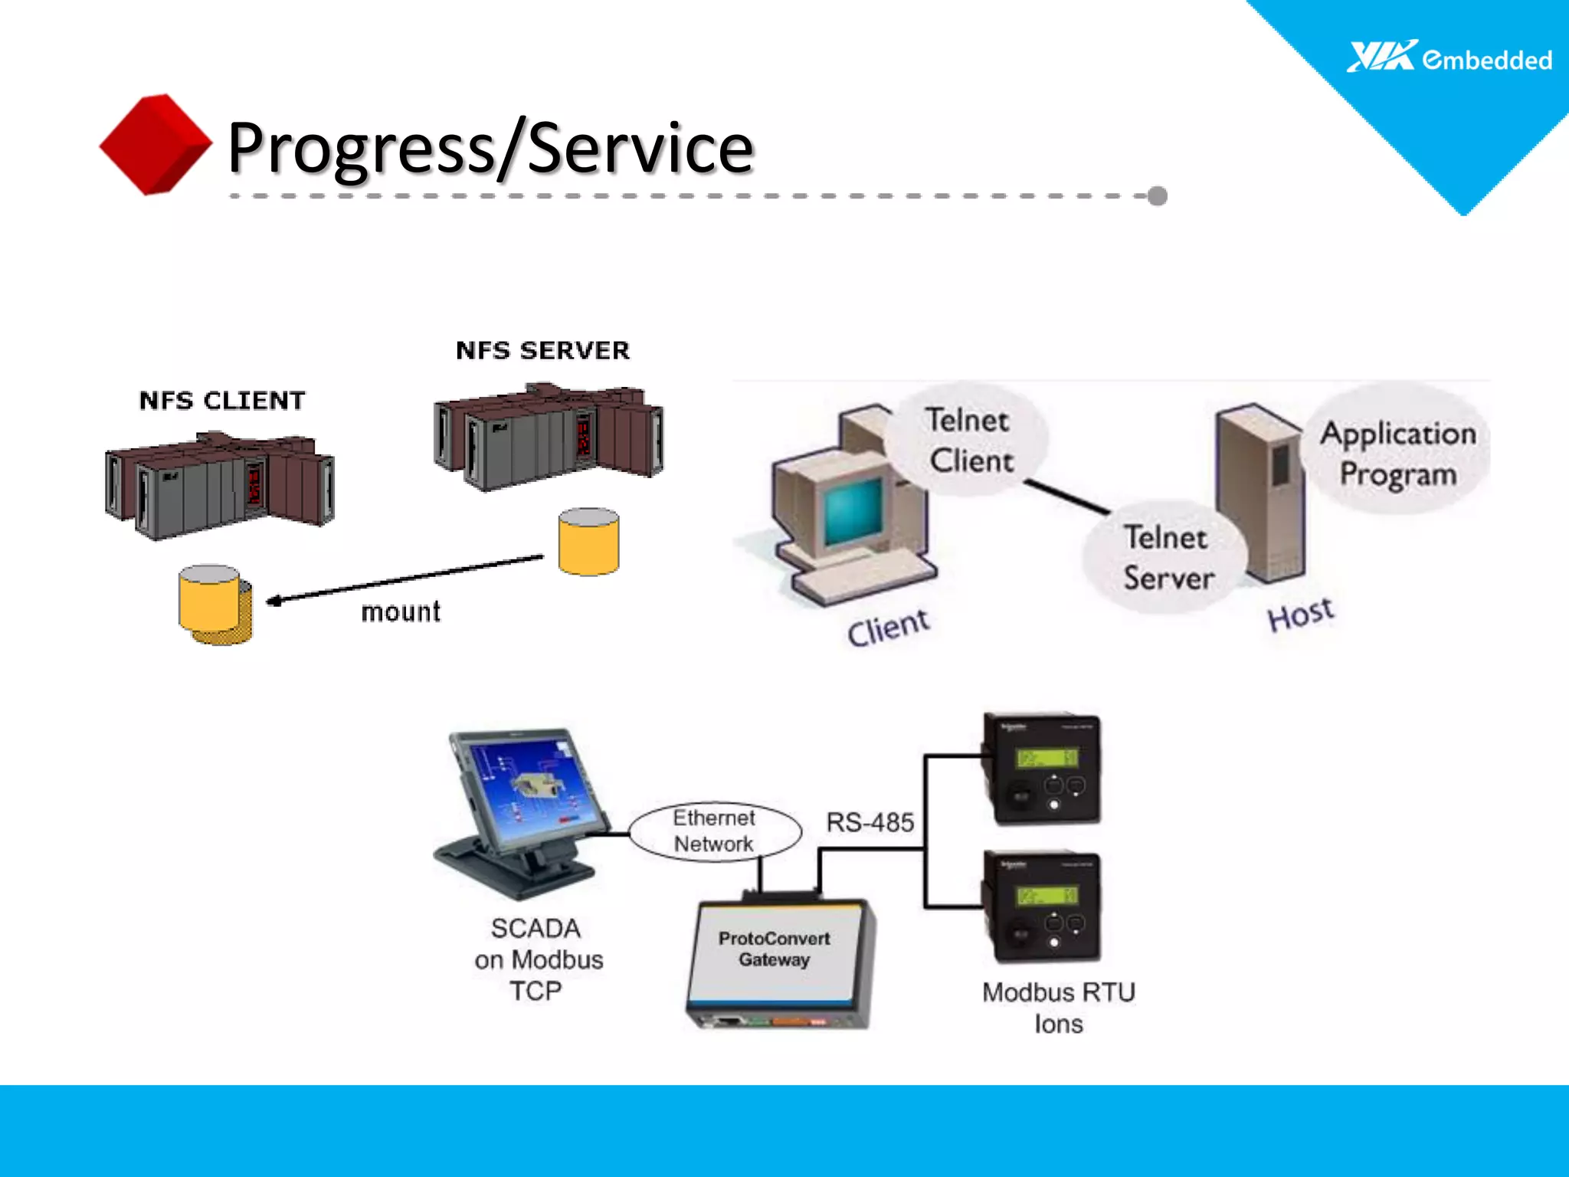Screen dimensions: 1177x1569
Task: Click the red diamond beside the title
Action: [x=156, y=144]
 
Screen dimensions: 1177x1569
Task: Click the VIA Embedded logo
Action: [x=1449, y=58]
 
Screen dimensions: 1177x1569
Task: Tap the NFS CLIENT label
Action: [x=222, y=401]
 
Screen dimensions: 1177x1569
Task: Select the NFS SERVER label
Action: [x=542, y=351]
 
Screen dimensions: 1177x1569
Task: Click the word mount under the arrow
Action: [x=401, y=612]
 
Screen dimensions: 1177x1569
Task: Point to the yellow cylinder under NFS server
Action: [x=588, y=542]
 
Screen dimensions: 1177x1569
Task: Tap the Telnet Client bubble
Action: [x=968, y=441]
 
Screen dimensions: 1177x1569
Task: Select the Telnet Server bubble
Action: [x=1167, y=557]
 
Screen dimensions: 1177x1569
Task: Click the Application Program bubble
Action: [x=1397, y=454]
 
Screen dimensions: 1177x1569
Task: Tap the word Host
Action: [x=1300, y=615]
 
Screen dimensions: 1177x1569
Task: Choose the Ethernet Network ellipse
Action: [x=714, y=831]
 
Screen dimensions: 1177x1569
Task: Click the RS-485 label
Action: [x=870, y=823]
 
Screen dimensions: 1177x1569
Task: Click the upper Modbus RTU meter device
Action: [x=1042, y=769]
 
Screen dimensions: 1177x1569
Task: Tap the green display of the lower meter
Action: [x=1047, y=896]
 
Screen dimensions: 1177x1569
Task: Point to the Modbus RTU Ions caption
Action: [x=1058, y=1008]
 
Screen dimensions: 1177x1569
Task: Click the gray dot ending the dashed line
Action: [x=1158, y=196]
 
